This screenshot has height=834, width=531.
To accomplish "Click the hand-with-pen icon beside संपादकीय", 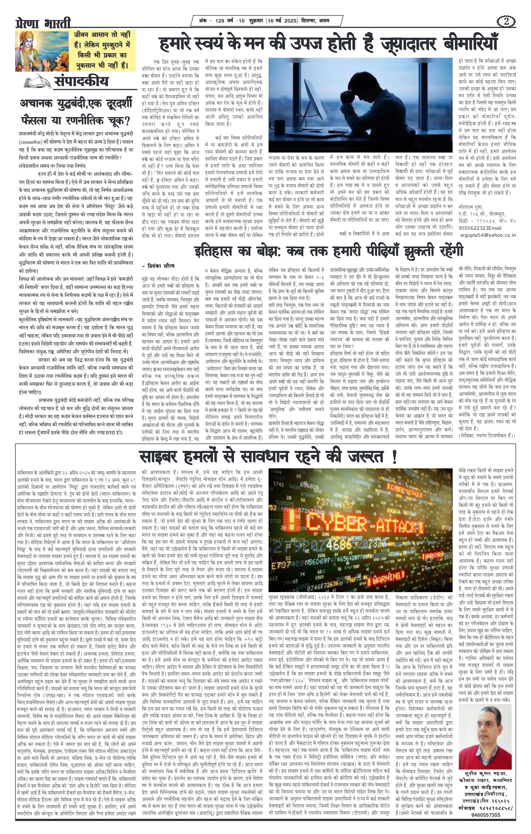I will coord(37,82).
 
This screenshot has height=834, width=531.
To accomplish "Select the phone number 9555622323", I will coord(475,228).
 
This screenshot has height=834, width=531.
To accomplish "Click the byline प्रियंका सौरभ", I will coord(160,266).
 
